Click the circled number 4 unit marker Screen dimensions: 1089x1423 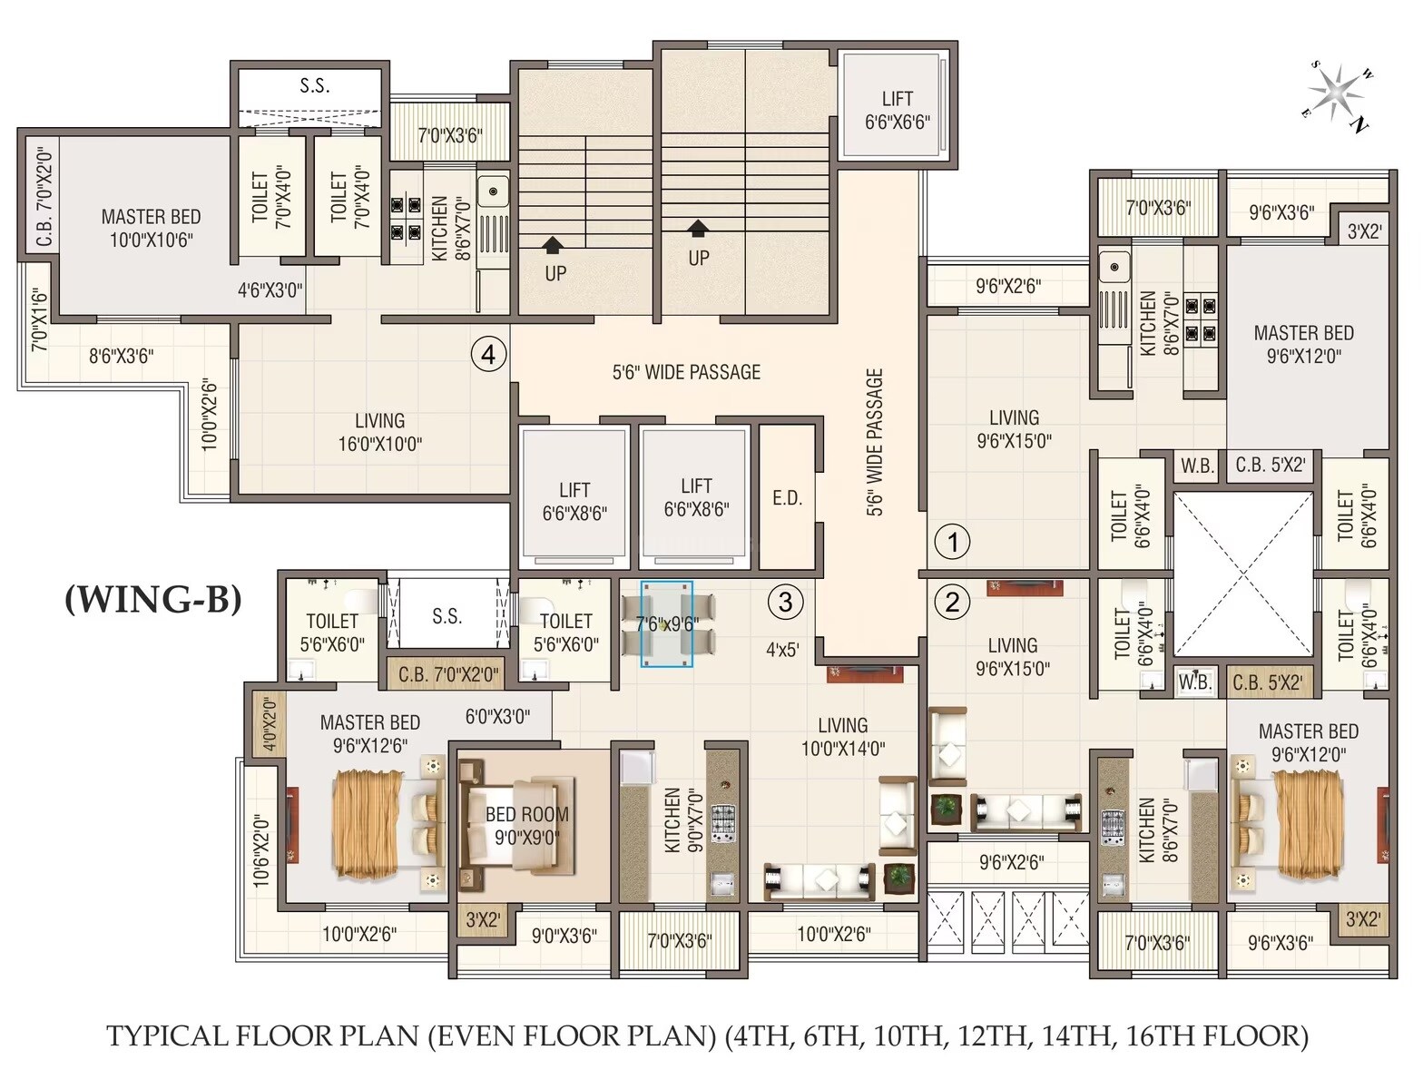coord(488,354)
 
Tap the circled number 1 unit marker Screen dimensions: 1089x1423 coord(952,542)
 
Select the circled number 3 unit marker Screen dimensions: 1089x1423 coord(785,602)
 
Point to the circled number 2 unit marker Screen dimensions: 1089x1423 coord(952,602)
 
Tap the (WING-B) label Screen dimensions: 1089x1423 coord(153,599)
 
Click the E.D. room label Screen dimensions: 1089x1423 coord(787,497)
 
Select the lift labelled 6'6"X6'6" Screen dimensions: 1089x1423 coord(897,110)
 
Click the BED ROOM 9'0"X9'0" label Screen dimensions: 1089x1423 coord(527,825)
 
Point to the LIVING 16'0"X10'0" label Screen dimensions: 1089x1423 coord(379,432)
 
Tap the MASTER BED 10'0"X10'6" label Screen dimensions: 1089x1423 coord(151,228)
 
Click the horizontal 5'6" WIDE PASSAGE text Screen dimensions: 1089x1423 coord(686,372)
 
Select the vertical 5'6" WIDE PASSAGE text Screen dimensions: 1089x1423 coord(875,442)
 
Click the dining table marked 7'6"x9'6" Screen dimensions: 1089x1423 coord(667,624)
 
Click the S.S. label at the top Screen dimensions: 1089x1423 coord(314,86)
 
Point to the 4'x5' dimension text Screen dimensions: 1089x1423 coord(781,650)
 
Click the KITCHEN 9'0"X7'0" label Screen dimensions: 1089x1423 coord(683,819)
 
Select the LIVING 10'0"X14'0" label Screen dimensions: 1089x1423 coord(842,737)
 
